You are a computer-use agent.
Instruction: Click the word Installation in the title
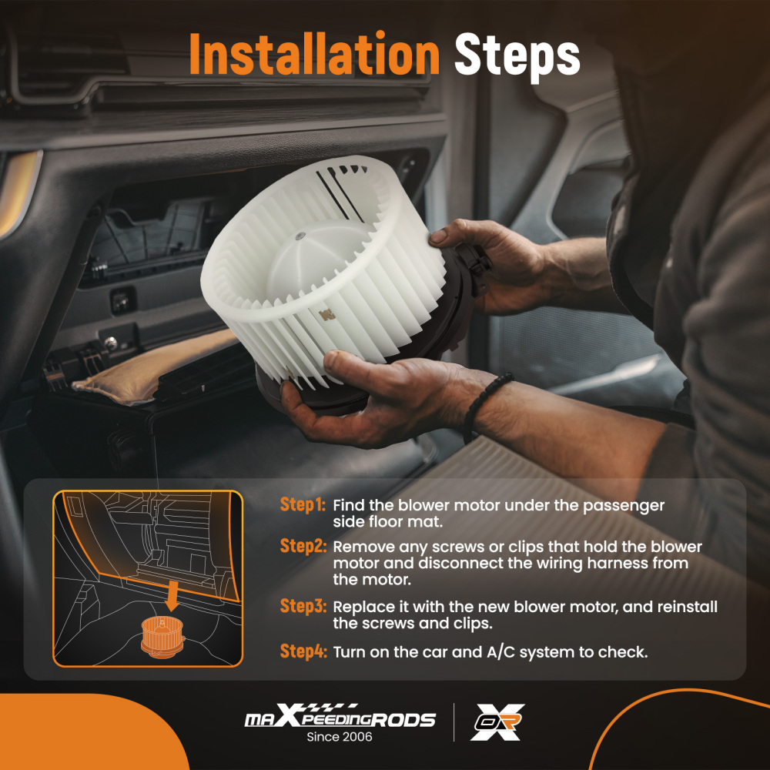314,54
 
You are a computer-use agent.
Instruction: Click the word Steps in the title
517,56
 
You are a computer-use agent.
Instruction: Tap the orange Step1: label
303,504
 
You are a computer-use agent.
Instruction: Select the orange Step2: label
303,546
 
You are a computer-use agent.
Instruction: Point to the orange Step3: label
303,605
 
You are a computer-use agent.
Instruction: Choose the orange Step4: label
303,651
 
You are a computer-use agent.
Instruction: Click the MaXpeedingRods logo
340,715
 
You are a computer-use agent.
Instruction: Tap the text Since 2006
340,737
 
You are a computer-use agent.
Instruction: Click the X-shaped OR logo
497,722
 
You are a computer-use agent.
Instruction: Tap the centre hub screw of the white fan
299,236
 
